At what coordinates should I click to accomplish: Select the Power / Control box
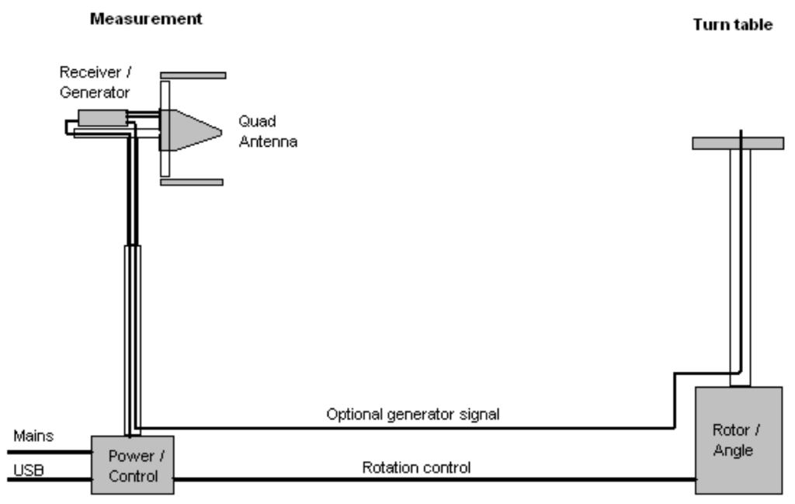(x=132, y=464)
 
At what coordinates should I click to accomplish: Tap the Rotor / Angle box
(x=738, y=440)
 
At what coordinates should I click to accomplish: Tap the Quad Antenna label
(x=269, y=132)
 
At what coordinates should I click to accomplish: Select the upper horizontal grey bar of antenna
(x=192, y=75)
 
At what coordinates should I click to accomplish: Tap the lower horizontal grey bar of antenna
(x=191, y=182)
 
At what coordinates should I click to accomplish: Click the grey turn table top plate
(x=737, y=144)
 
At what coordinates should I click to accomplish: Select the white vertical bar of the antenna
(x=165, y=128)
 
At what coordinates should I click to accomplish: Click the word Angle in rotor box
(x=738, y=450)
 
